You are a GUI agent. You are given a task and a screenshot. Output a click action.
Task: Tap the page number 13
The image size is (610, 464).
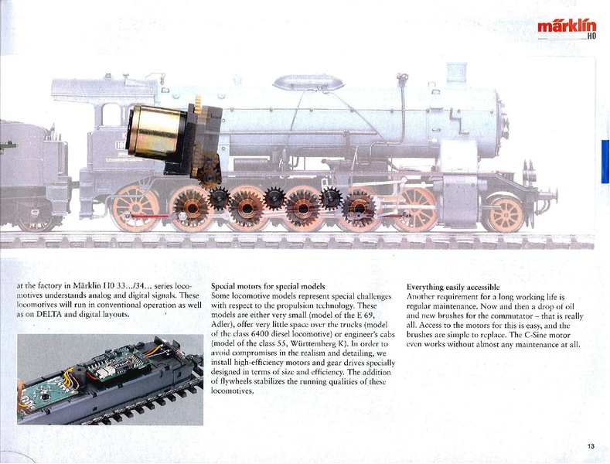[591, 445]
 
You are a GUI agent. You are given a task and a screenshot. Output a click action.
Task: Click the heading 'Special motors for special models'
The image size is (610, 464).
[268, 287]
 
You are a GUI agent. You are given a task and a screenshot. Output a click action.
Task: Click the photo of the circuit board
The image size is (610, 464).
[110, 380]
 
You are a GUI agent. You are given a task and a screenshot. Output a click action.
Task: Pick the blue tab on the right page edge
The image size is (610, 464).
[605, 162]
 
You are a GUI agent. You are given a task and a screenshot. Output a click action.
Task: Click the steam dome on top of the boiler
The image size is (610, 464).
[309, 81]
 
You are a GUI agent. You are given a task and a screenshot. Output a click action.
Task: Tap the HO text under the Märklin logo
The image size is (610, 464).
[591, 36]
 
